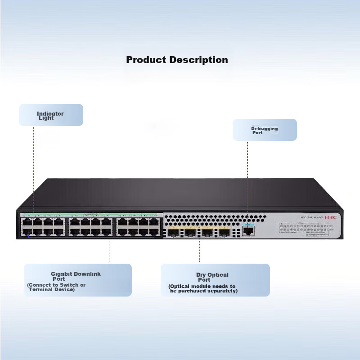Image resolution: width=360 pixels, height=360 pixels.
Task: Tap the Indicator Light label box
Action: tap(51, 115)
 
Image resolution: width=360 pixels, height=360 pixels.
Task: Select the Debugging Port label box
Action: tap(265, 130)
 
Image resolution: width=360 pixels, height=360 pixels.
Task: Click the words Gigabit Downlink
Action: tap(76, 274)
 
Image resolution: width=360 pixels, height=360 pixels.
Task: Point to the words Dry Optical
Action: tap(212, 274)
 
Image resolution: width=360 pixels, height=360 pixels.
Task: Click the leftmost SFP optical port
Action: tap(173, 233)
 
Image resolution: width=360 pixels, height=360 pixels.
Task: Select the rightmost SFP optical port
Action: tap(224, 233)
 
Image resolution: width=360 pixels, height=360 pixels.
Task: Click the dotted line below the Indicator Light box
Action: tap(34, 166)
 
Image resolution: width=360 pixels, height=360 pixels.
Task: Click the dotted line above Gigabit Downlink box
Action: tap(109, 251)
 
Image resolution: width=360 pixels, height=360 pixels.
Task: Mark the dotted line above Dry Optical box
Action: tap(199, 251)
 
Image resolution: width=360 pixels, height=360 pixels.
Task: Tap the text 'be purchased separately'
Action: tap(203, 291)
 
